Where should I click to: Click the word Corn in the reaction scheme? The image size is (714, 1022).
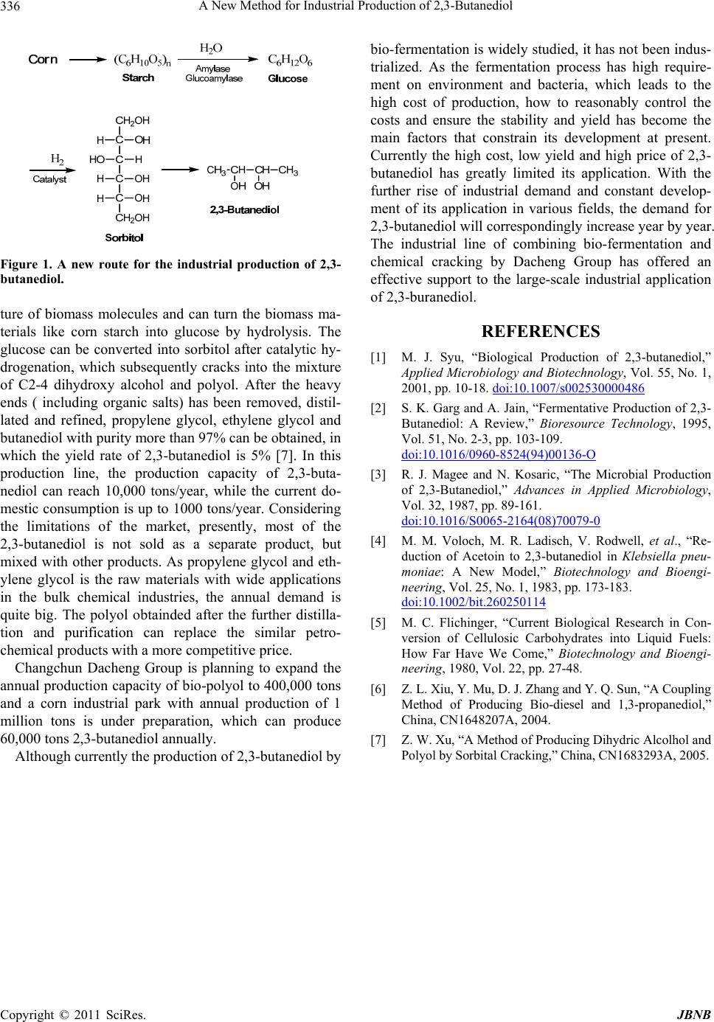43,60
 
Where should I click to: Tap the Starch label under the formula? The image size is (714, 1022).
139,77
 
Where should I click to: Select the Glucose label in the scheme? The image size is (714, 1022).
288,78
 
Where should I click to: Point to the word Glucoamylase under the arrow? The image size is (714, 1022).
214,77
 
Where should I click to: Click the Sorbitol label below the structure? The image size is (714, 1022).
124,237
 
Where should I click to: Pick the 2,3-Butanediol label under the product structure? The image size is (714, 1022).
244,210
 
